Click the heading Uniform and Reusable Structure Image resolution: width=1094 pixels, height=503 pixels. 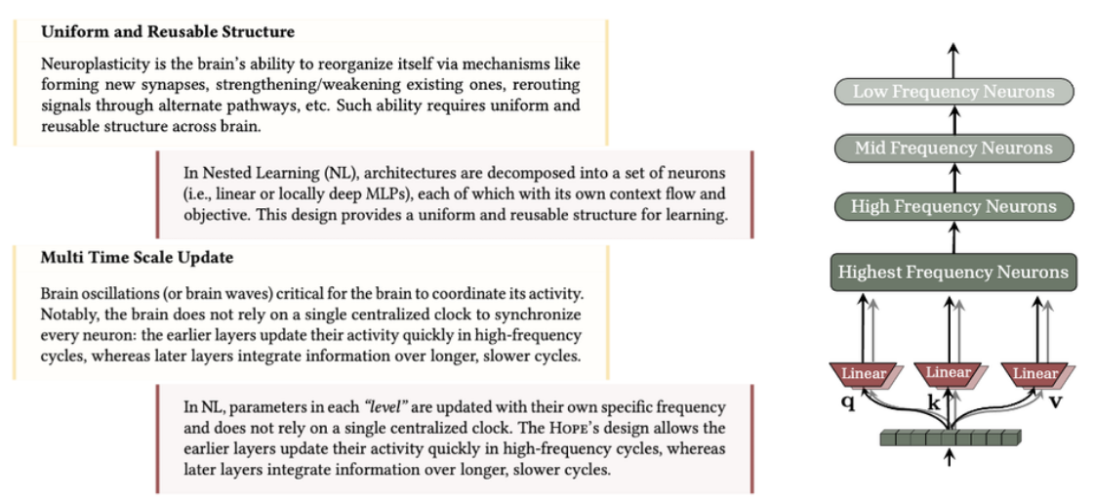tap(167, 32)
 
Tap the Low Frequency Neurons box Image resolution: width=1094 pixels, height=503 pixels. tap(952, 92)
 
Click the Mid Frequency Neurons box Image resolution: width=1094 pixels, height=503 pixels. tap(952, 148)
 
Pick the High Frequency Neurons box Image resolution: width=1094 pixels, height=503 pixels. tap(952, 206)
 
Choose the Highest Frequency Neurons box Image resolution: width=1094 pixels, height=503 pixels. tap(952, 272)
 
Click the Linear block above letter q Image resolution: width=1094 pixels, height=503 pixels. tap(864, 373)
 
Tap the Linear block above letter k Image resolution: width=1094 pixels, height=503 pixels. tap(948, 372)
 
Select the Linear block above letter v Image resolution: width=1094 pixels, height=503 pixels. tap(1034, 373)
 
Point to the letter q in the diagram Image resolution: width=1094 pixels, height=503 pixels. tap(847, 400)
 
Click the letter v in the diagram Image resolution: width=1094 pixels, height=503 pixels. tap(1055, 400)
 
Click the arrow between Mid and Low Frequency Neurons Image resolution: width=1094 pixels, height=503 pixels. tap(953, 120)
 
